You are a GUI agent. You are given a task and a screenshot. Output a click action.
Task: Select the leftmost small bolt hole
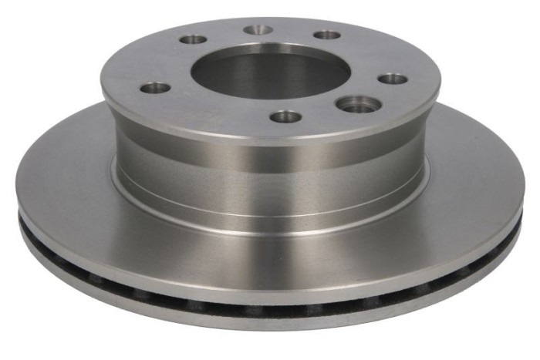point(156,87)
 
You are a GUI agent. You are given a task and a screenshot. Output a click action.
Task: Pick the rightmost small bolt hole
point(393,79)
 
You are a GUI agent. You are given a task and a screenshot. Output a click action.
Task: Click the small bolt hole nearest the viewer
point(286,117)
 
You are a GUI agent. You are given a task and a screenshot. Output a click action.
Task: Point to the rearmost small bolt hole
point(258,30)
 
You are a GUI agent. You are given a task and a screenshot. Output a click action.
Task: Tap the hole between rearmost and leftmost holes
point(191,39)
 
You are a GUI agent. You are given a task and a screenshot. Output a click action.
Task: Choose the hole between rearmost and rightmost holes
point(328,35)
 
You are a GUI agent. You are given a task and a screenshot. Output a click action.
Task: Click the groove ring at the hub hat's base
point(270,202)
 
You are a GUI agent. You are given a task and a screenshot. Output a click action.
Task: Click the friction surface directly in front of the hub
point(270,247)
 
